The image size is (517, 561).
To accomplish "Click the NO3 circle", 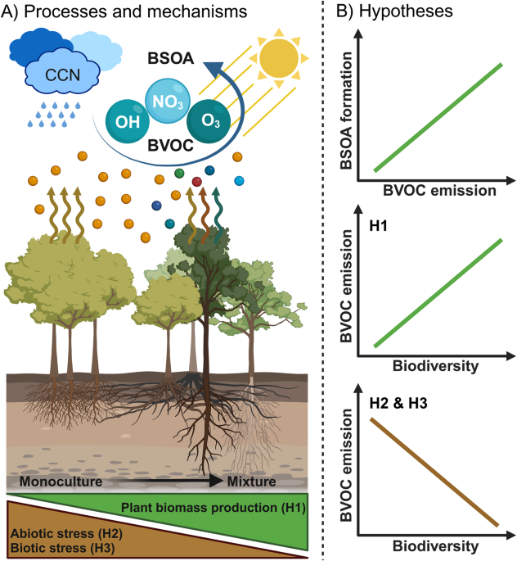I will (x=168, y=102).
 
